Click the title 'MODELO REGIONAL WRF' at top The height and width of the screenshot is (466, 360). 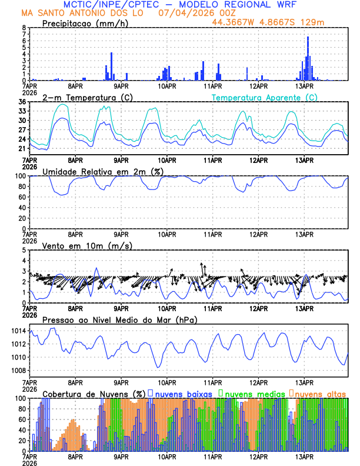coord(247,5)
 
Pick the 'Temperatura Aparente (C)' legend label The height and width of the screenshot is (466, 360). coord(264,97)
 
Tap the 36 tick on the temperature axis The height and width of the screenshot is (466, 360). coord(22,102)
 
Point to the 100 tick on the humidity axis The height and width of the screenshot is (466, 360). coord(19,176)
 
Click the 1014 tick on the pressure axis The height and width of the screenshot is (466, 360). coord(18,331)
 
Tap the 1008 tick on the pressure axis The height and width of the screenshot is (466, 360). coord(18,370)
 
